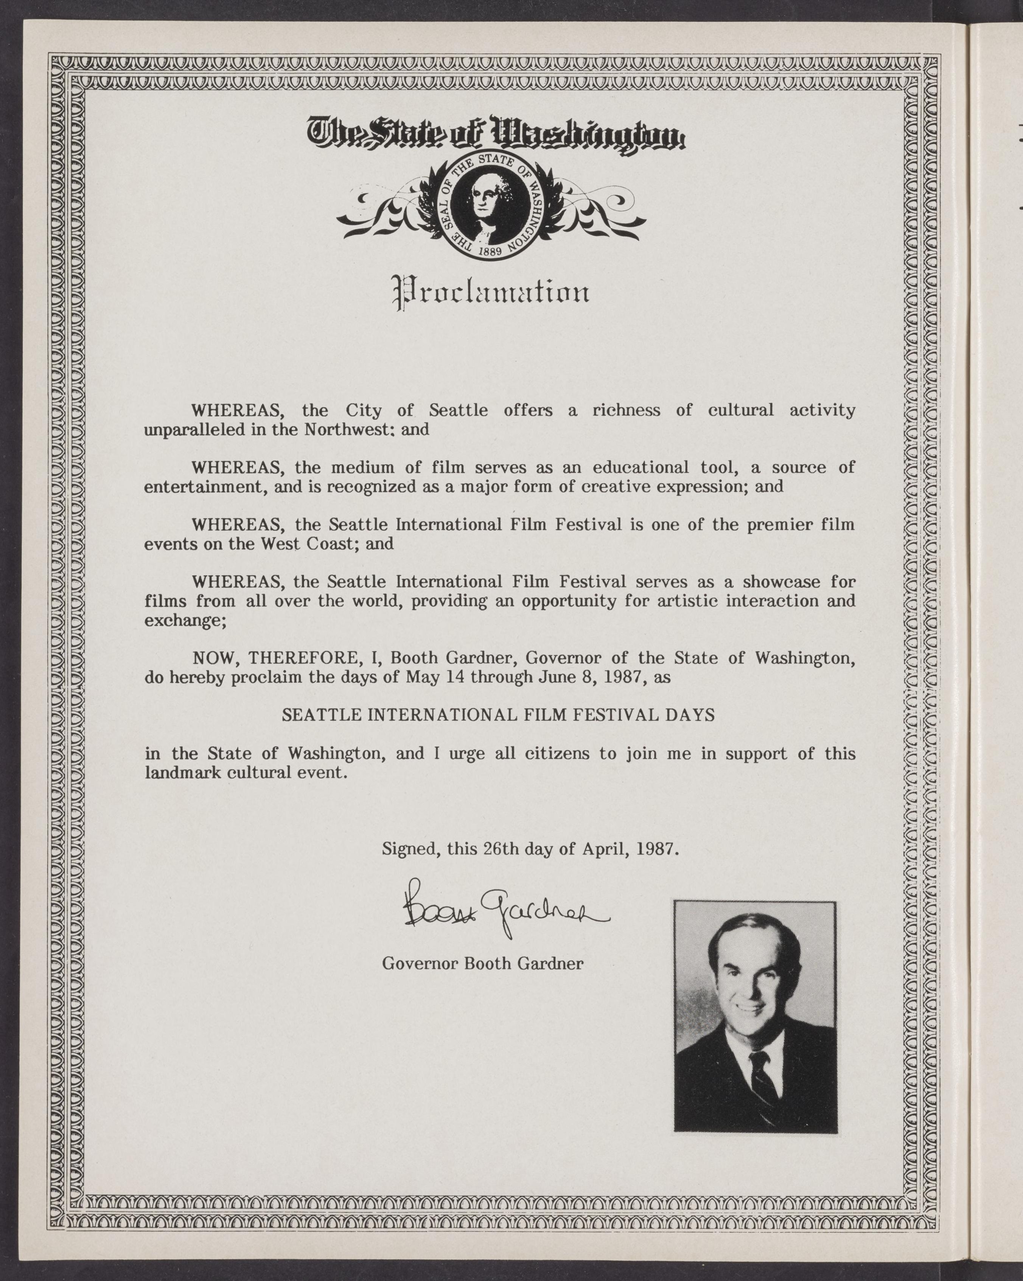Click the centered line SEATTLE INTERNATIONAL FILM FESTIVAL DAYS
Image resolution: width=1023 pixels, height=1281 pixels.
[x=498, y=715]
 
